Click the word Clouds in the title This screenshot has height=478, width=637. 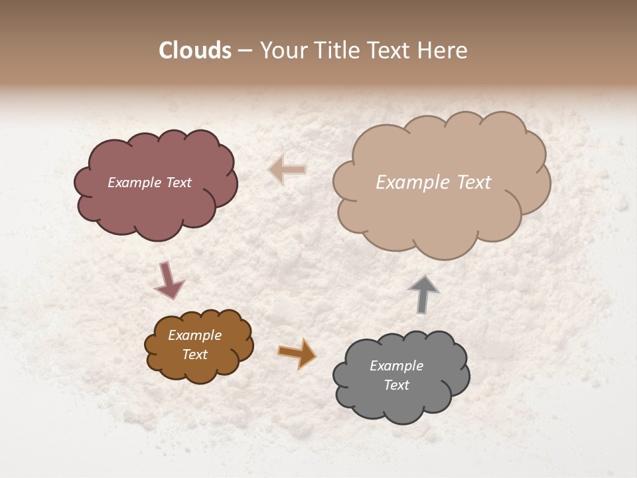(x=195, y=50)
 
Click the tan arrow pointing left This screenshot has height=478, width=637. (x=287, y=169)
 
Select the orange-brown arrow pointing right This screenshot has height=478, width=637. (x=297, y=353)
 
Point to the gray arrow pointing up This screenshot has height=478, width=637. (x=423, y=293)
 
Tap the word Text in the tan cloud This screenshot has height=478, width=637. (x=474, y=183)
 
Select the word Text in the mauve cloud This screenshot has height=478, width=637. (x=178, y=183)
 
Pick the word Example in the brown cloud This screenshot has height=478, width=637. (x=194, y=335)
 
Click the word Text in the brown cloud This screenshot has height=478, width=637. (x=194, y=355)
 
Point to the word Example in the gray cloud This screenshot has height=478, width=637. (x=396, y=366)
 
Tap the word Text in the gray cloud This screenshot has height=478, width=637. (x=396, y=385)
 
